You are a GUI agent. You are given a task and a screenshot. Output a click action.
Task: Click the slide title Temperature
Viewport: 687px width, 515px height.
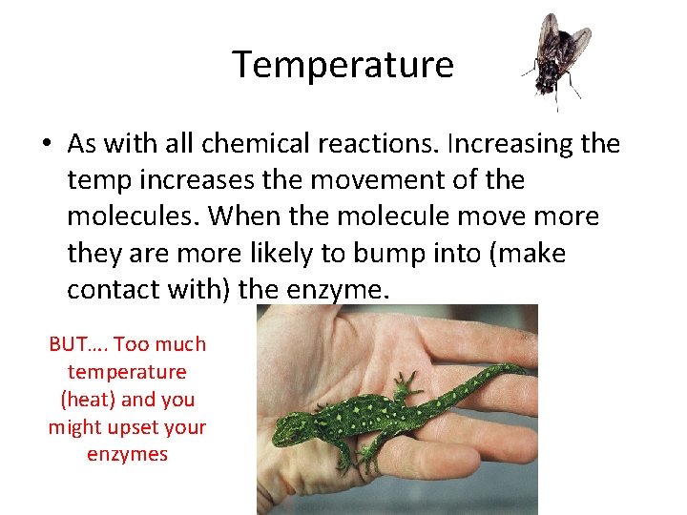click(x=343, y=65)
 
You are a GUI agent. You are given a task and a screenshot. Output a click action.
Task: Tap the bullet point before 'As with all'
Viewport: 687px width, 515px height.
click(x=47, y=145)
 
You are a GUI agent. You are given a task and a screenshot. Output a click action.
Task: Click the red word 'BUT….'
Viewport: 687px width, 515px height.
click(x=78, y=344)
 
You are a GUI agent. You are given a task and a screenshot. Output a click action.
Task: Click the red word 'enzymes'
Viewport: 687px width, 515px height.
click(x=127, y=455)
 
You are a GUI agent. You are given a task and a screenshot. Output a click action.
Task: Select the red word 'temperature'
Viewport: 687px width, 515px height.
click(x=127, y=372)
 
